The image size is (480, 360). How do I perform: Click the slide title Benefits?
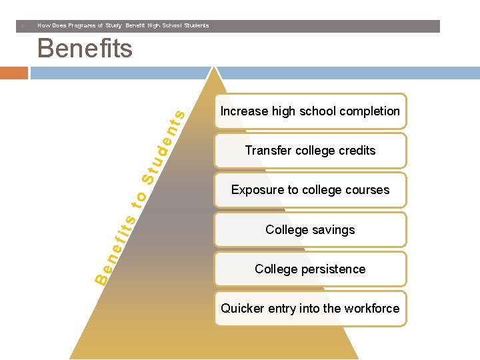[x=85, y=49]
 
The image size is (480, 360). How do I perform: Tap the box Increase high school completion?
[x=310, y=111]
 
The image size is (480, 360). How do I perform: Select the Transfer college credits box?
[x=310, y=151]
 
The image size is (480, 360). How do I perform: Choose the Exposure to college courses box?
[x=310, y=190]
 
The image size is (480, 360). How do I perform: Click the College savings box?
[x=310, y=230]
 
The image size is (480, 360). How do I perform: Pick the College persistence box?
[x=310, y=269]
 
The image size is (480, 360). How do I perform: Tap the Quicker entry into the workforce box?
[x=310, y=309]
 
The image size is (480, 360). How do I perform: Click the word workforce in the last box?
[x=373, y=309]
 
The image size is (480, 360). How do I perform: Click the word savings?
[x=333, y=230]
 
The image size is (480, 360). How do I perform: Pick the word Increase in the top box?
[x=244, y=111]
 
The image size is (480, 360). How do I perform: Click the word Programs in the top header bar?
[x=76, y=25]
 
